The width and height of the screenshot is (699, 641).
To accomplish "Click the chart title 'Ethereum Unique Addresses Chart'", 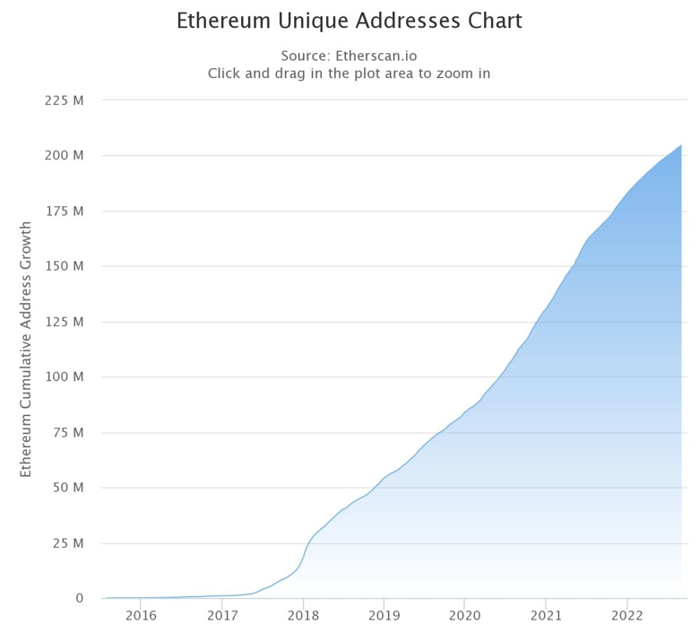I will [349, 21].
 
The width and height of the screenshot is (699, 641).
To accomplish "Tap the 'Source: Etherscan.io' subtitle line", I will [349, 56].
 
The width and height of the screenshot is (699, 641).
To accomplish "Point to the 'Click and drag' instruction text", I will [349, 74].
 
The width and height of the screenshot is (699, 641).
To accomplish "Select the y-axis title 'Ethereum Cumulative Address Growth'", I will [26, 350].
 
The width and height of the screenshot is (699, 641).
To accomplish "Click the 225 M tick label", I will [65, 100].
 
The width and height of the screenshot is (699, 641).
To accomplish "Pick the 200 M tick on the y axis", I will [65, 155].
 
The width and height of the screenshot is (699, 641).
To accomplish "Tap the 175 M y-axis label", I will [65, 211].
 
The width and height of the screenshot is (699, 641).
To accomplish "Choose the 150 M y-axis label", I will [65, 266].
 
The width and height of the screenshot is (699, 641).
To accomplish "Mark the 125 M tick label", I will [65, 321].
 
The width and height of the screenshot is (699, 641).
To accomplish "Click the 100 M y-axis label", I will [65, 377].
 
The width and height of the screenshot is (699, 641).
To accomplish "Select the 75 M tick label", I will [68, 432].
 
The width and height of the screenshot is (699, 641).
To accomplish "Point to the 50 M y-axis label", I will [68, 488].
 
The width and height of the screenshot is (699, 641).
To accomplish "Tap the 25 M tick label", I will [68, 543].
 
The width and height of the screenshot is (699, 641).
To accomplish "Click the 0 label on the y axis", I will [79, 598].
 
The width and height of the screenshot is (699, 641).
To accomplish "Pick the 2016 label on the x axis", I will [141, 616].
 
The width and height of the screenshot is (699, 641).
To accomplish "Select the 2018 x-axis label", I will [303, 616].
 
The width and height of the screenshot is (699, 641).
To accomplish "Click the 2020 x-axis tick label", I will [464, 616].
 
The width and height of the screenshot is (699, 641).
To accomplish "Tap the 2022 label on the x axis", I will [626, 616].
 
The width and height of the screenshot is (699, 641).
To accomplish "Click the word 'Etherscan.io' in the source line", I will [375, 56].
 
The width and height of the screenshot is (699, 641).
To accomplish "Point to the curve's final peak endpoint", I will [681, 145].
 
